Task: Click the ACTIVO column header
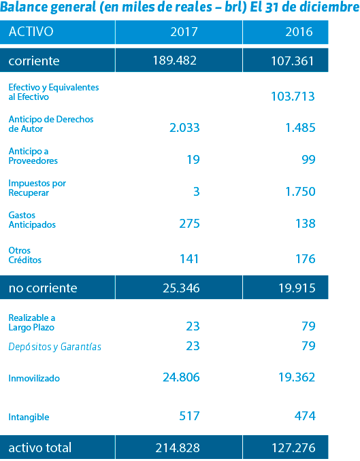tap(31, 32)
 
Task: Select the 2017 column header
tap(184, 32)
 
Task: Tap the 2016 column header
tap(299, 32)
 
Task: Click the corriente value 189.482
tap(174, 61)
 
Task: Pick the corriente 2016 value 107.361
tap(293, 61)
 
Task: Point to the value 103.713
tap(293, 96)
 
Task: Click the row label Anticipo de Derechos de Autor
tap(51, 124)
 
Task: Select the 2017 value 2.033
tap(184, 128)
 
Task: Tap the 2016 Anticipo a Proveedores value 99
tap(308, 159)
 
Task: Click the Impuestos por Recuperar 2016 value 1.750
tap(301, 191)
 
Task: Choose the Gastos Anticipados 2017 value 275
tap(190, 224)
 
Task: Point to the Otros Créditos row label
tap(25, 255)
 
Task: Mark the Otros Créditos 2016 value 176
tap(306, 259)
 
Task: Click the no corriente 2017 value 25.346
tap(181, 288)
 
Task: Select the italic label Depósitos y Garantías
tap(54, 347)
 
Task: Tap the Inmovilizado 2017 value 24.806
tap(181, 377)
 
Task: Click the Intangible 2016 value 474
tap(305, 415)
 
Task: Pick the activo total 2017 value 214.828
tap(178, 448)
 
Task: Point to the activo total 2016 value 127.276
tap(293, 448)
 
